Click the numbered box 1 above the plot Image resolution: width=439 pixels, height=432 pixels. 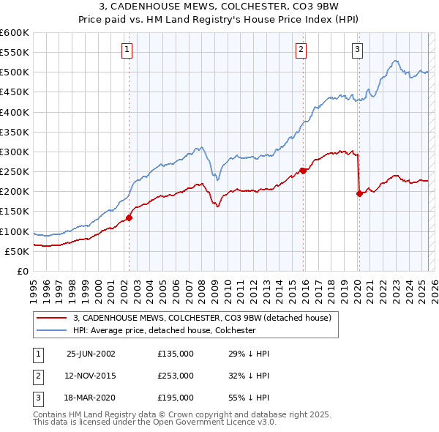(x=127, y=50)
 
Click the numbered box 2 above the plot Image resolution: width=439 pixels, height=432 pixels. (x=301, y=50)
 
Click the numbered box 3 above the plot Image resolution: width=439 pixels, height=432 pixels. (x=357, y=50)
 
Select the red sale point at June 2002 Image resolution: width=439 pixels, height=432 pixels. (x=130, y=217)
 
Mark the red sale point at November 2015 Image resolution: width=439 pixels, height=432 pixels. (x=303, y=171)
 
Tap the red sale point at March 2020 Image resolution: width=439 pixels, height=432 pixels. (x=359, y=194)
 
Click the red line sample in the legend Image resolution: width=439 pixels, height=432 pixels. (x=52, y=318)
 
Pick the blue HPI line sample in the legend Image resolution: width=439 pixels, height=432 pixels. (x=52, y=330)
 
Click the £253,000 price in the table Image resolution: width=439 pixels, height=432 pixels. (x=176, y=376)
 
